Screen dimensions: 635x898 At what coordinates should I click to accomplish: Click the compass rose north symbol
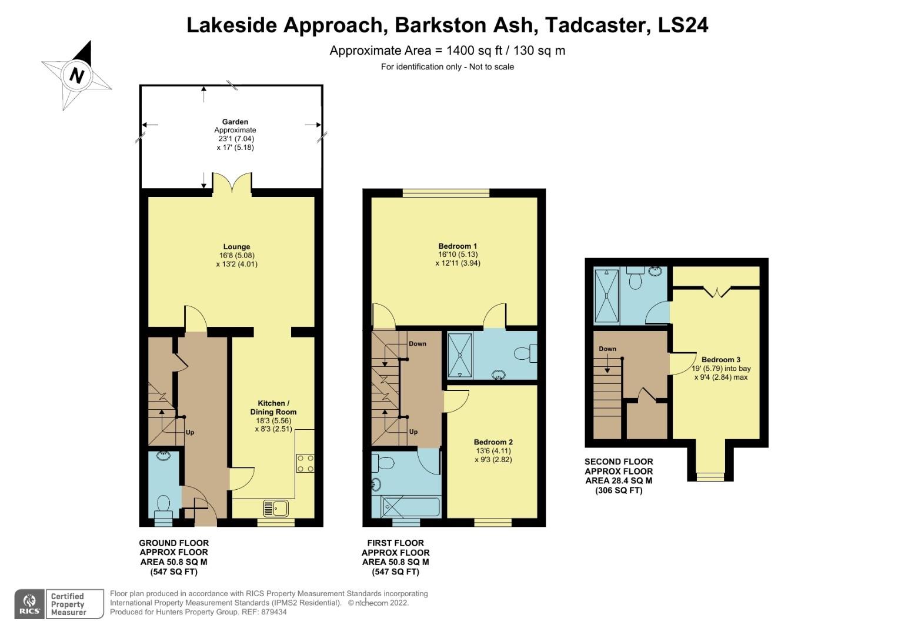click(77, 76)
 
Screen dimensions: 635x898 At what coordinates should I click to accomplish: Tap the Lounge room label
click(236, 247)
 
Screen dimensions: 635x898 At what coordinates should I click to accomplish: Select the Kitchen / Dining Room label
click(273, 407)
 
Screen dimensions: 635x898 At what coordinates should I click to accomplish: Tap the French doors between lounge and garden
click(232, 183)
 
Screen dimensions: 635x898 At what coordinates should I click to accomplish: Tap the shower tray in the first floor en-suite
click(460, 355)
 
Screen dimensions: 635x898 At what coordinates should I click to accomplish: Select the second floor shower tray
click(606, 296)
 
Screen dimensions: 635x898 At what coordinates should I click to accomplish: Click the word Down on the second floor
click(607, 349)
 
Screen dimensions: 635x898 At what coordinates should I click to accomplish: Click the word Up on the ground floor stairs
click(190, 432)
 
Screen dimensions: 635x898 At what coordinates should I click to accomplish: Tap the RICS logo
click(29, 604)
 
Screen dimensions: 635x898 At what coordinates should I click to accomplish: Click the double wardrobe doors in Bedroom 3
click(716, 291)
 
